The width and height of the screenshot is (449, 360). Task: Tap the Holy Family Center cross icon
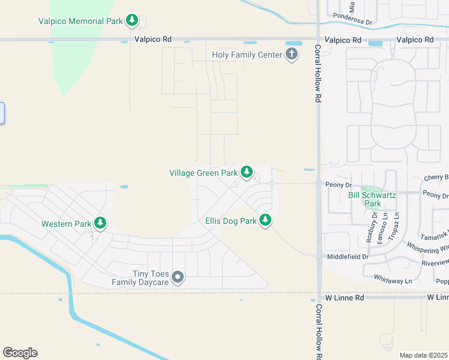pos(292,55)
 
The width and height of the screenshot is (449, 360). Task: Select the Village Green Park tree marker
pos(246,173)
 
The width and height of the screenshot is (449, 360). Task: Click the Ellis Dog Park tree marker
pos(265,221)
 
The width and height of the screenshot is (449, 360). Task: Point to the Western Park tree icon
pos(100,224)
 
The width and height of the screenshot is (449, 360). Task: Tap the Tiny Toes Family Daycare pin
pos(177,277)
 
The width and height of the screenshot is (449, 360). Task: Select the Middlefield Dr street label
pos(348,256)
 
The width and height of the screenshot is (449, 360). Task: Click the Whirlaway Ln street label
pos(392,281)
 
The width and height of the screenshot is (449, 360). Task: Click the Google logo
pos(20,353)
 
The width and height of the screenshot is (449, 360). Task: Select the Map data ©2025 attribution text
pos(423,355)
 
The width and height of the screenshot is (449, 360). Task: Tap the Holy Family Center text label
pos(247,55)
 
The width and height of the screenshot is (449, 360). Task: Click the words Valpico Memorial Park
pos(80,21)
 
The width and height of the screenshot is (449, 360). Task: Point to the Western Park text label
pos(65,224)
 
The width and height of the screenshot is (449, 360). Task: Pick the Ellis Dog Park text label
pos(231,221)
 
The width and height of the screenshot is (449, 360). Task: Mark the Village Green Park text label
pos(203,173)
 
